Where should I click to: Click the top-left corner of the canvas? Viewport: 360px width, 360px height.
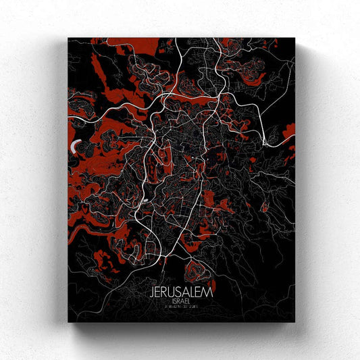click(x=68, y=38)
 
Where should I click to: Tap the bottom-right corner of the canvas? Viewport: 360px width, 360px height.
click(x=294, y=322)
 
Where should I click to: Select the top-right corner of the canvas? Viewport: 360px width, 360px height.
click(x=294, y=38)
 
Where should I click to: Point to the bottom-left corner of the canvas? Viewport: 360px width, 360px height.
click(x=68, y=322)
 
